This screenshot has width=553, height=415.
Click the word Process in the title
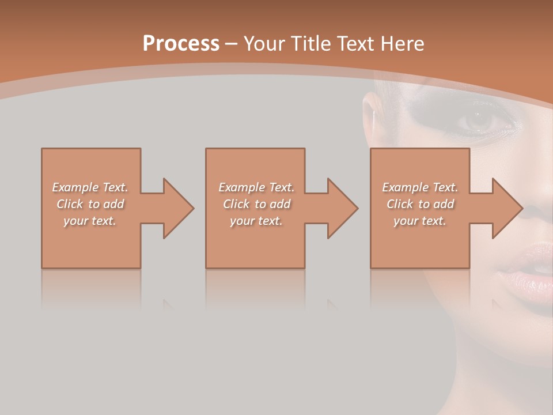pos(181,44)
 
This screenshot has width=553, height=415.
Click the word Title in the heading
pos(309,44)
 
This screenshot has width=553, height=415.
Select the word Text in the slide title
pos(356,44)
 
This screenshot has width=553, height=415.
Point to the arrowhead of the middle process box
pos(342,208)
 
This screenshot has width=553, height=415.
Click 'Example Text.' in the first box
pos(90,187)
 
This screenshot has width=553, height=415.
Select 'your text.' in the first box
pos(90,221)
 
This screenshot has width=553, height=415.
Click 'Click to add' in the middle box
pos(256,204)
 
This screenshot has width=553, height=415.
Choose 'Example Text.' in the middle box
pos(256,187)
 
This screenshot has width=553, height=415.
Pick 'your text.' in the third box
pos(420,221)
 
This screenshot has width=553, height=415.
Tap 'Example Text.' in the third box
pos(420,187)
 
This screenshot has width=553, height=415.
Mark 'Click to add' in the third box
pos(420,204)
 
